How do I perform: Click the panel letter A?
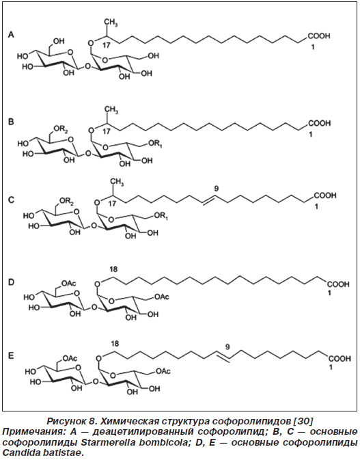click(11, 35)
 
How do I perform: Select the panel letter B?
click(11, 122)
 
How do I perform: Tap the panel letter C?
click(11, 200)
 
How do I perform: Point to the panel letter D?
click(11, 282)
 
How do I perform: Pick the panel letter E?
click(11, 356)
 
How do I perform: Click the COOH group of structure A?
click(318, 36)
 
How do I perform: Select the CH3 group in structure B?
click(112, 110)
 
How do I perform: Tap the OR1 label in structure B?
click(155, 144)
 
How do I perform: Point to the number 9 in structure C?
click(217, 189)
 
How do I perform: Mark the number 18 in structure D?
click(113, 269)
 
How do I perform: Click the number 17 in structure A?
click(107, 45)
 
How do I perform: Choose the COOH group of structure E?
click(340, 359)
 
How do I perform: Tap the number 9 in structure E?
click(227, 347)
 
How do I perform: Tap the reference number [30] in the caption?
click(303, 421)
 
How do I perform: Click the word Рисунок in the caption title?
click(66, 422)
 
